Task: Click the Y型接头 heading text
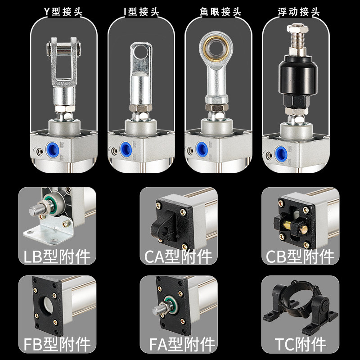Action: [63, 12]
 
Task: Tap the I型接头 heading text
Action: [141, 12]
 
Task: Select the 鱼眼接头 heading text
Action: [220, 12]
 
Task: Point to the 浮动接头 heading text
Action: [298, 12]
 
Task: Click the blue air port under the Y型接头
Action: [52, 149]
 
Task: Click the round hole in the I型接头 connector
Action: [141, 52]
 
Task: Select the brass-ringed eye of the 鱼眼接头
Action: [216, 48]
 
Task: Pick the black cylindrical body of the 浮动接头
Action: [298, 75]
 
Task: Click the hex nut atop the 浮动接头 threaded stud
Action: [297, 29]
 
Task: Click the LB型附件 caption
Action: [57, 256]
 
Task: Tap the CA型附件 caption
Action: [178, 256]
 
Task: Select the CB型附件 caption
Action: [300, 256]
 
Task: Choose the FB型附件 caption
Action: [57, 344]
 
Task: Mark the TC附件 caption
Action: [300, 344]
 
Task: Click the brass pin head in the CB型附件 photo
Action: [304, 229]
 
